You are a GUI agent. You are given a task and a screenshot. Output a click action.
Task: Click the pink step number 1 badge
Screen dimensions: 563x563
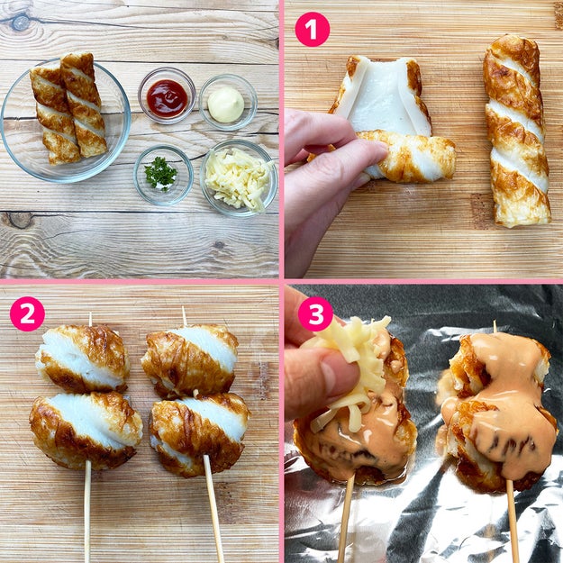(x=312, y=30)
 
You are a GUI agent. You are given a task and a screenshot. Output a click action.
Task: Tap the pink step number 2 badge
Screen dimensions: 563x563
(x=27, y=313)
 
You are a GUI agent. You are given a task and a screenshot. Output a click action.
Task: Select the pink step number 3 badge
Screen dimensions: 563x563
(x=315, y=313)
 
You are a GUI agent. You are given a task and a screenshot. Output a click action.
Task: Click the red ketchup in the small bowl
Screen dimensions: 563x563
(x=167, y=98)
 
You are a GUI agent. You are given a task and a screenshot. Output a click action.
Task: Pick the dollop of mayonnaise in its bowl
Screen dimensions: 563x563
(x=226, y=104)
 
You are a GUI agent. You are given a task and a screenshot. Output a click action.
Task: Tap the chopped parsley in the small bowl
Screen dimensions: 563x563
(x=160, y=174)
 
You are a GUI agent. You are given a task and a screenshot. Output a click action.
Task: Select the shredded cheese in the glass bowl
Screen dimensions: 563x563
(x=239, y=178)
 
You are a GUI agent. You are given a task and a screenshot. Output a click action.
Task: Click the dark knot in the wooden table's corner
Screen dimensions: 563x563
(x=19, y=23)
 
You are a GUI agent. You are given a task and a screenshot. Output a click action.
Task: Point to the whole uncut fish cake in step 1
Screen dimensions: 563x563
(x=516, y=131)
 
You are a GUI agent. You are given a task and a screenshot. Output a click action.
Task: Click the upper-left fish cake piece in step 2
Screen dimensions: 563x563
(x=83, y=358)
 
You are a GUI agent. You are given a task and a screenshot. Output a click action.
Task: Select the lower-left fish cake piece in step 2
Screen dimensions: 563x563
(x=86, y=430)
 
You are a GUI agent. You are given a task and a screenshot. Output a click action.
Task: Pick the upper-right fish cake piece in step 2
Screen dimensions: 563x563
(x=190, y=359)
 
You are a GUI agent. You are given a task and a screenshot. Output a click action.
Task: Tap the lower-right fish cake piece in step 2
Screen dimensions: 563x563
(x=200, y=433)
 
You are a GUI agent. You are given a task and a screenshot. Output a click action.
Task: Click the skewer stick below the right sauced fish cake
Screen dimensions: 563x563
(x=513, y=522)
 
